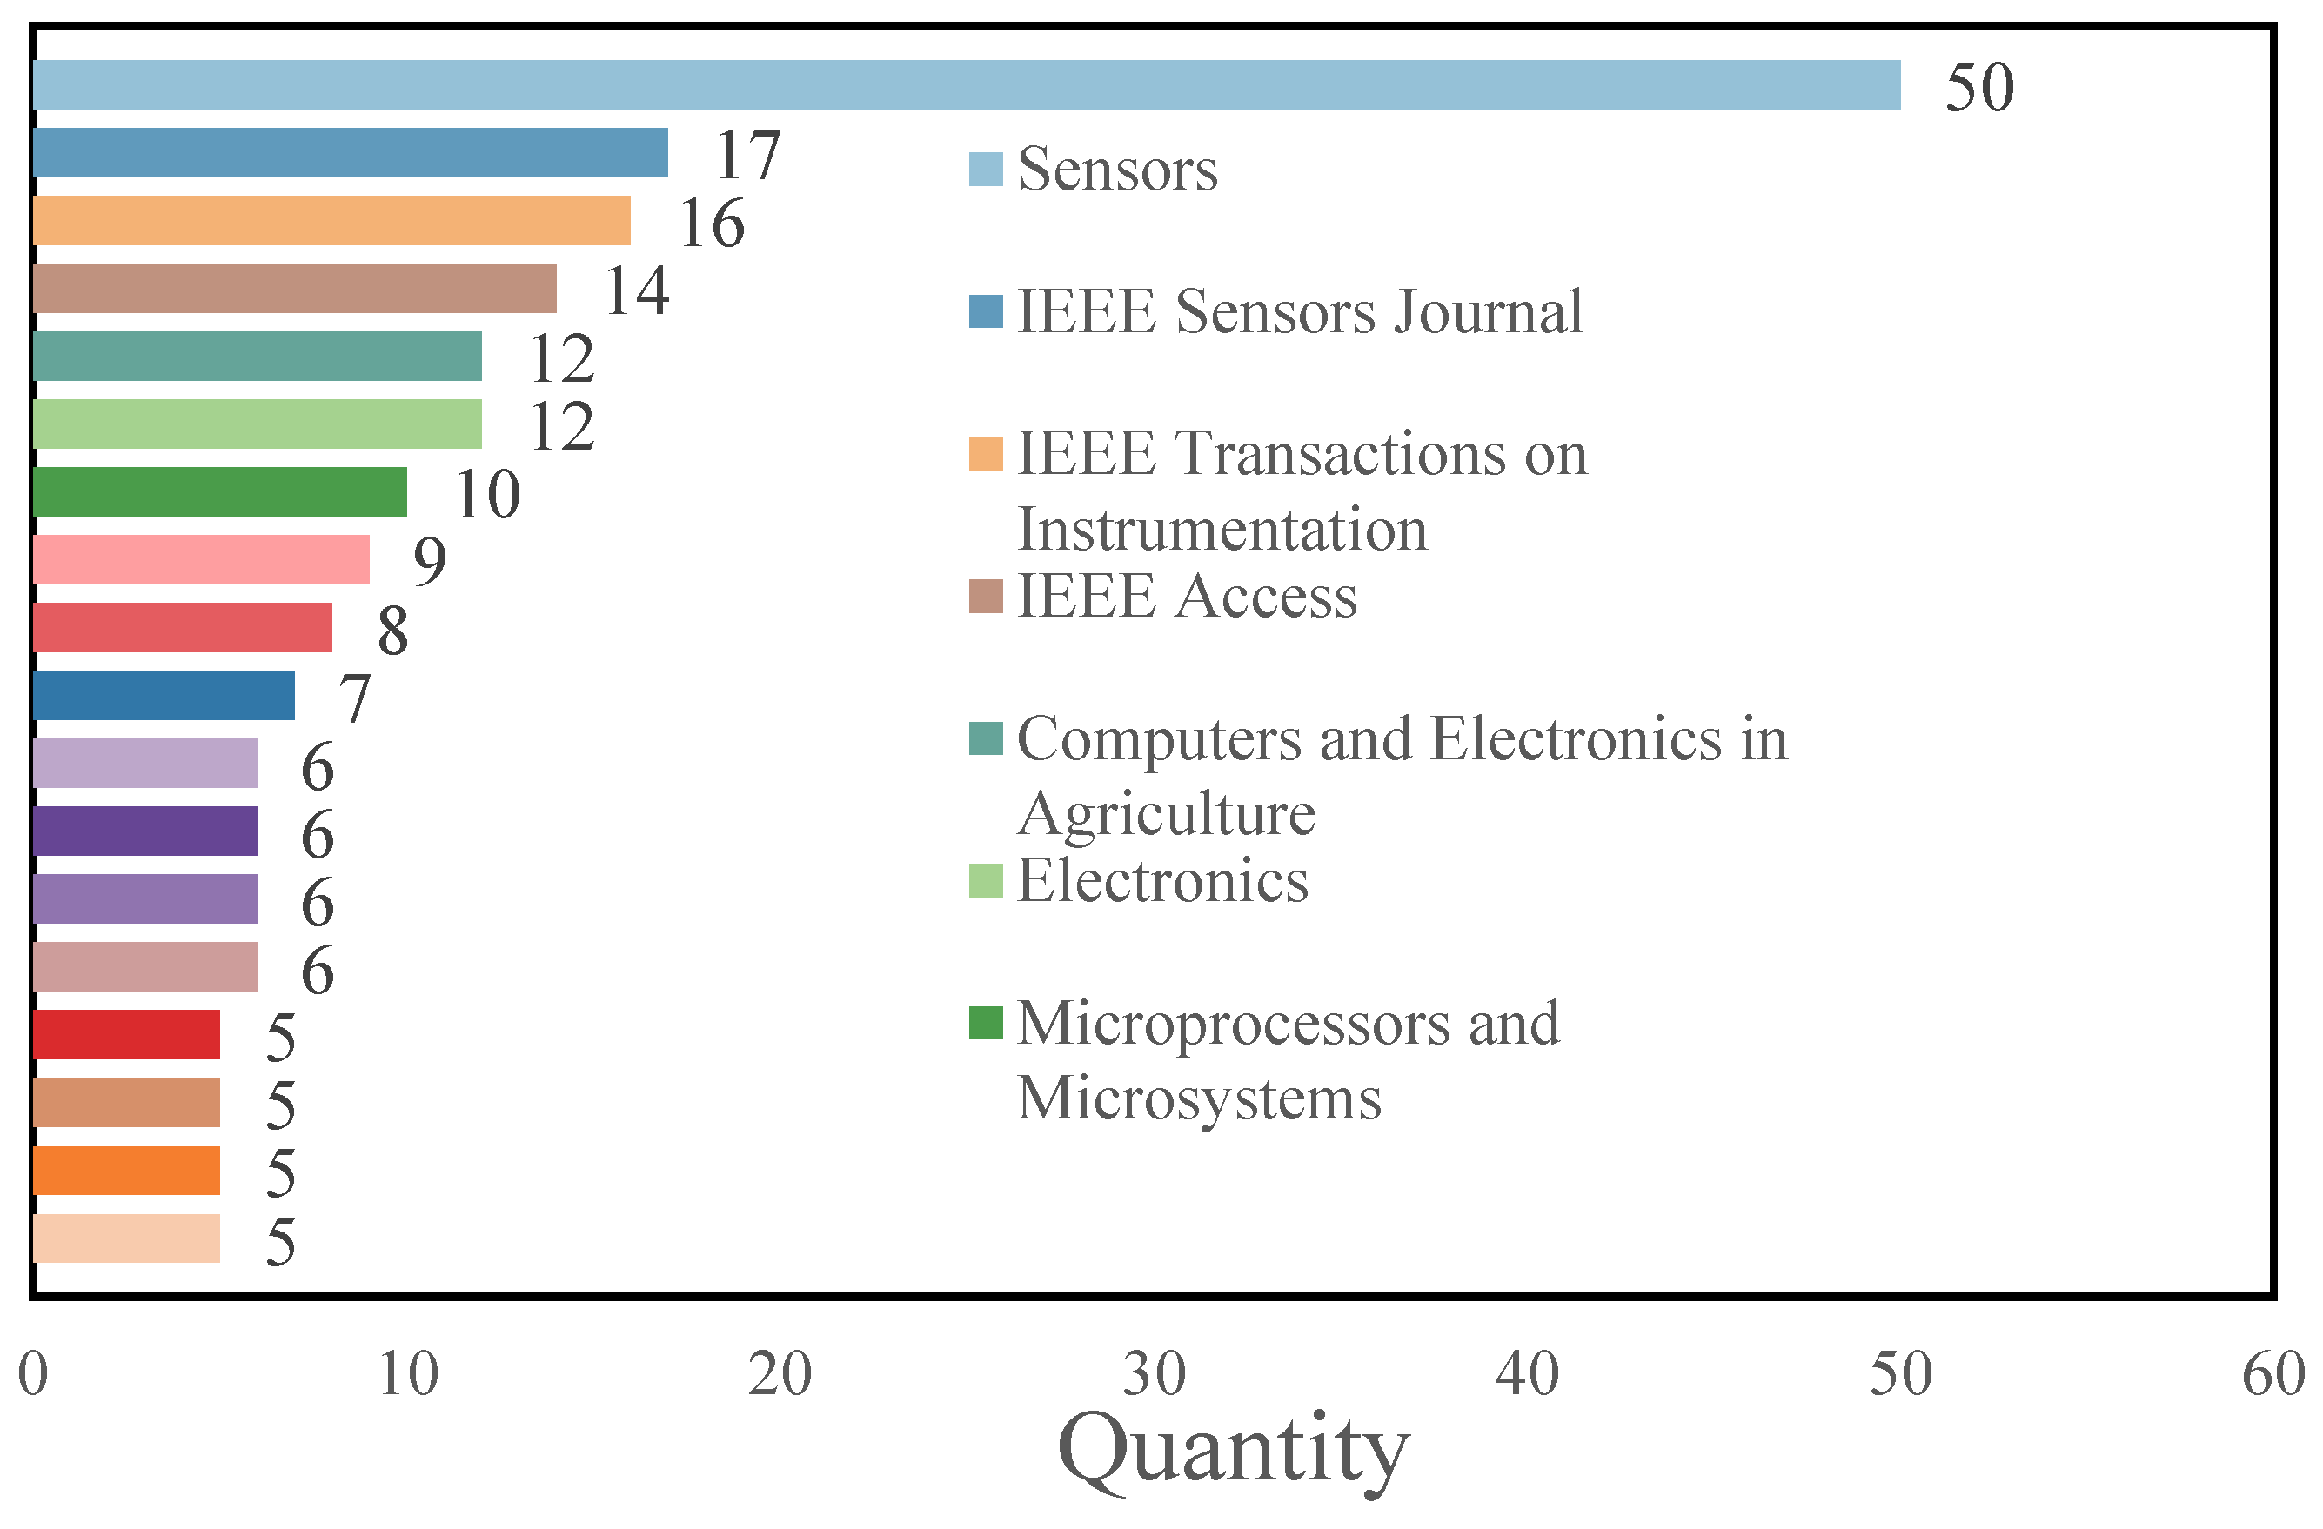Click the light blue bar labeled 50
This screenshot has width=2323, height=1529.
pos(967,85)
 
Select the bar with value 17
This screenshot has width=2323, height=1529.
pos(351,152)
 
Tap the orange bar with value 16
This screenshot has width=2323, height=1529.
pos(331,221)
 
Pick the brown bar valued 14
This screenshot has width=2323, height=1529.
pos(294,288)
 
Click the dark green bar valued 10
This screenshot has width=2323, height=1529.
pos(219,491)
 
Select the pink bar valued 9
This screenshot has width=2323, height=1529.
pos(201,559)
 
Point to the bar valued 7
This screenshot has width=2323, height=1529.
pos(163,695)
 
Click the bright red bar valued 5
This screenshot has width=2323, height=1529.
pos(126,1034)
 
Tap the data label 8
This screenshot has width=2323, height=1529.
pos(392,631)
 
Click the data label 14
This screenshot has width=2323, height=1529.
pos(636,290)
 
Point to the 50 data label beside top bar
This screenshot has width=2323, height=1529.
pos(1978,88)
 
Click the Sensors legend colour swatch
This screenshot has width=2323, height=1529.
pos(986,169)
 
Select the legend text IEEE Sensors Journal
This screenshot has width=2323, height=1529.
pos(1298,312)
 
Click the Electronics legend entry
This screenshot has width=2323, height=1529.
pos(1161,881)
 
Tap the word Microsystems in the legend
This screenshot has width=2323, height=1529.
pos(1199,1098)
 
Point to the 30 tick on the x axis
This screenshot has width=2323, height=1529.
pos(1154,1375)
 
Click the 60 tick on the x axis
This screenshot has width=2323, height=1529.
pos(2273,1375)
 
